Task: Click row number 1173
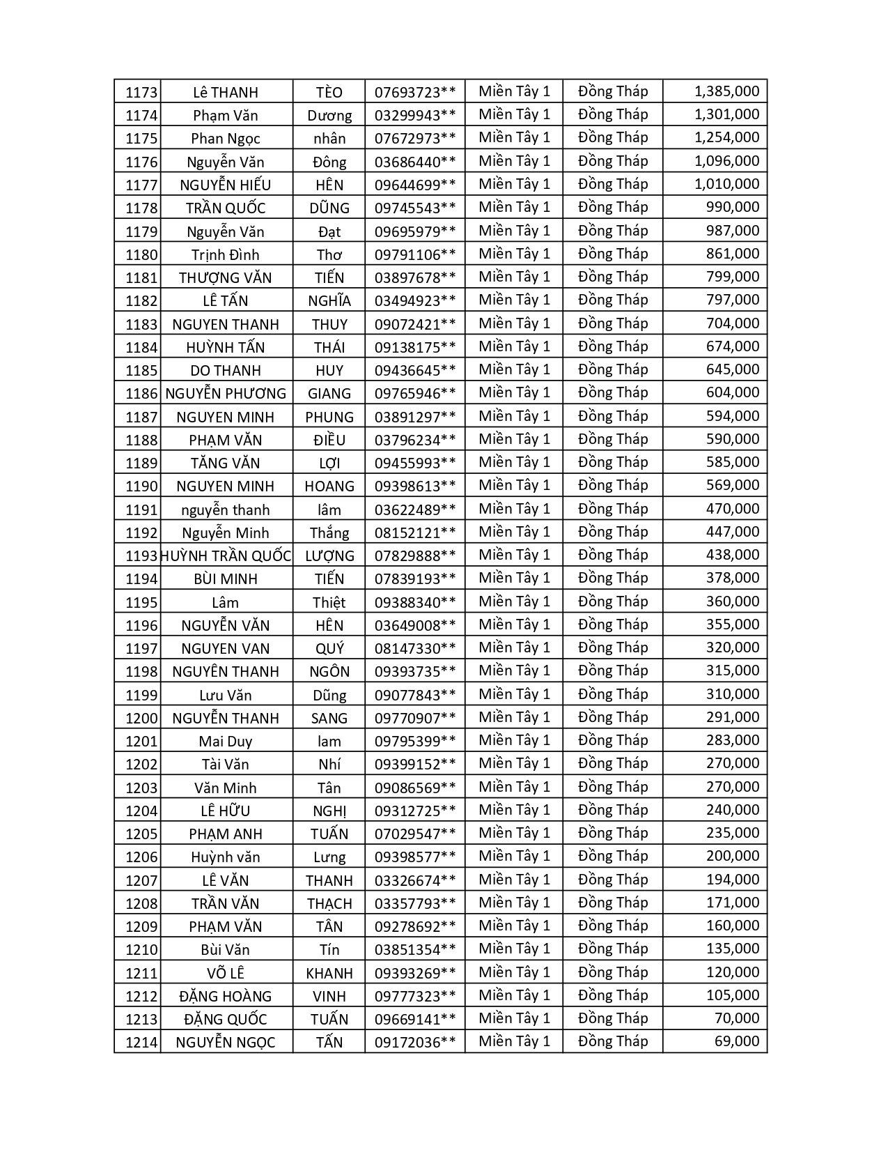[141, 93]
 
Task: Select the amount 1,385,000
[726, 91]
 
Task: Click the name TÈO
[329, 93]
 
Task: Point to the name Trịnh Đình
[225, 254]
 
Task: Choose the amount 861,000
[732, 254]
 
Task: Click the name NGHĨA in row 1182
[329, 301]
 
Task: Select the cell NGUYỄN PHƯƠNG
[226, 394]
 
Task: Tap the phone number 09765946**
[415, 394]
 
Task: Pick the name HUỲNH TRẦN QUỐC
[226, 555]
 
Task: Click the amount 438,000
[732, 555]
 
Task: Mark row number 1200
[141, 718]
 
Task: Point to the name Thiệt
[329, 602]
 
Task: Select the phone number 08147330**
[415, 649]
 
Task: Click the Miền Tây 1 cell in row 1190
[514, 485]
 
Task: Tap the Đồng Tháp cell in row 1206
[613, 856]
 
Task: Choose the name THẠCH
[329, 904]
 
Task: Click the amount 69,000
[736, 1041]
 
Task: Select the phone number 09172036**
[415, 1043]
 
